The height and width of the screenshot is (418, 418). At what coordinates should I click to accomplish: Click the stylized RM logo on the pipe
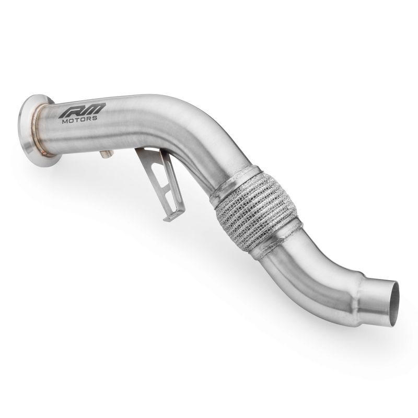coord(82,110)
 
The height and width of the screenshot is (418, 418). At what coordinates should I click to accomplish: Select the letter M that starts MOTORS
coord(65,120)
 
